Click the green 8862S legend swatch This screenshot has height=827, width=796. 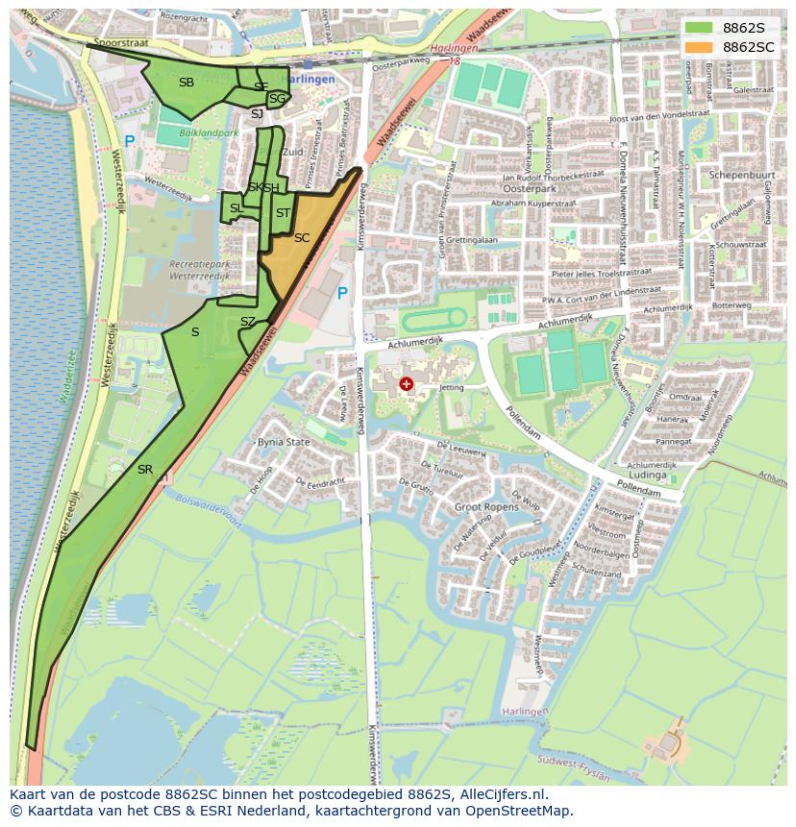pyautogui.click(x=699, y=28)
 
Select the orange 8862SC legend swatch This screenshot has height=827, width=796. pyautogui.click(x=699, y=47)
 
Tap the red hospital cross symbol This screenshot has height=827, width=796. pyautogui.click(x=407, y=384)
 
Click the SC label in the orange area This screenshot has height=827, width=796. pyautogui.click(x=301, y=237)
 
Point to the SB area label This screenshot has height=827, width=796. pyautogui.click(x=187, y=83)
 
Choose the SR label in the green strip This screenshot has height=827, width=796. pyautogui.click(x=145, y=470)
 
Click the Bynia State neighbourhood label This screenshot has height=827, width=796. pyautogui.click(x=284, y=443)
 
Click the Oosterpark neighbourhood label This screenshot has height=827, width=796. pyautogui.click(x=522, y=189)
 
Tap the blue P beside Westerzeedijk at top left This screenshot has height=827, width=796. pyautogui.click(x=130, y=142)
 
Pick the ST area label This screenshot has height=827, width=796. pyautogui.click(x=283, y=213)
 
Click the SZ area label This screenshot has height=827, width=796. pyautogui.click(x=248, y=322)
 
